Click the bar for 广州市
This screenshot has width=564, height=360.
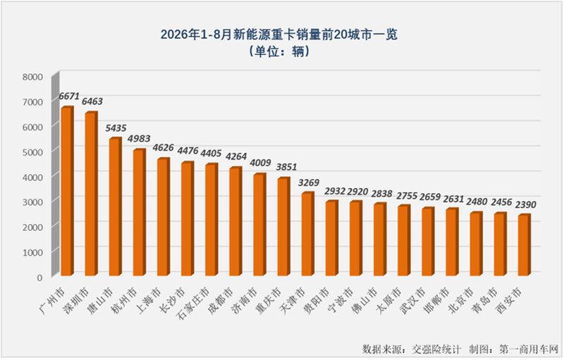67,191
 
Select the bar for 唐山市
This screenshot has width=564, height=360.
116,206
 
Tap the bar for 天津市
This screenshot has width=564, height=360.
308,234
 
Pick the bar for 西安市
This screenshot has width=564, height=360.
525,245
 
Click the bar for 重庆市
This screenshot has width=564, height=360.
284,226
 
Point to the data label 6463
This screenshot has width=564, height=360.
92,101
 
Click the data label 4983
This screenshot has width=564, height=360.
140,139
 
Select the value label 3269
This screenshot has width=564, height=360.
308,183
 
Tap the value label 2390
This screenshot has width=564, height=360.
525,205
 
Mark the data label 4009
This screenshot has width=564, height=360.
260,163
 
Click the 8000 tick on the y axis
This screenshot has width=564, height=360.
32,77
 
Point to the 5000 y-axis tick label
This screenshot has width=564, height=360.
32,152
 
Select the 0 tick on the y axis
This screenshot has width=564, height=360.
39,278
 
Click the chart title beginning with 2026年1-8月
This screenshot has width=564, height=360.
278,35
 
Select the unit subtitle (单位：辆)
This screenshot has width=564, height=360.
278,51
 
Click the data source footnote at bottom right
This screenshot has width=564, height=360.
460,349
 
